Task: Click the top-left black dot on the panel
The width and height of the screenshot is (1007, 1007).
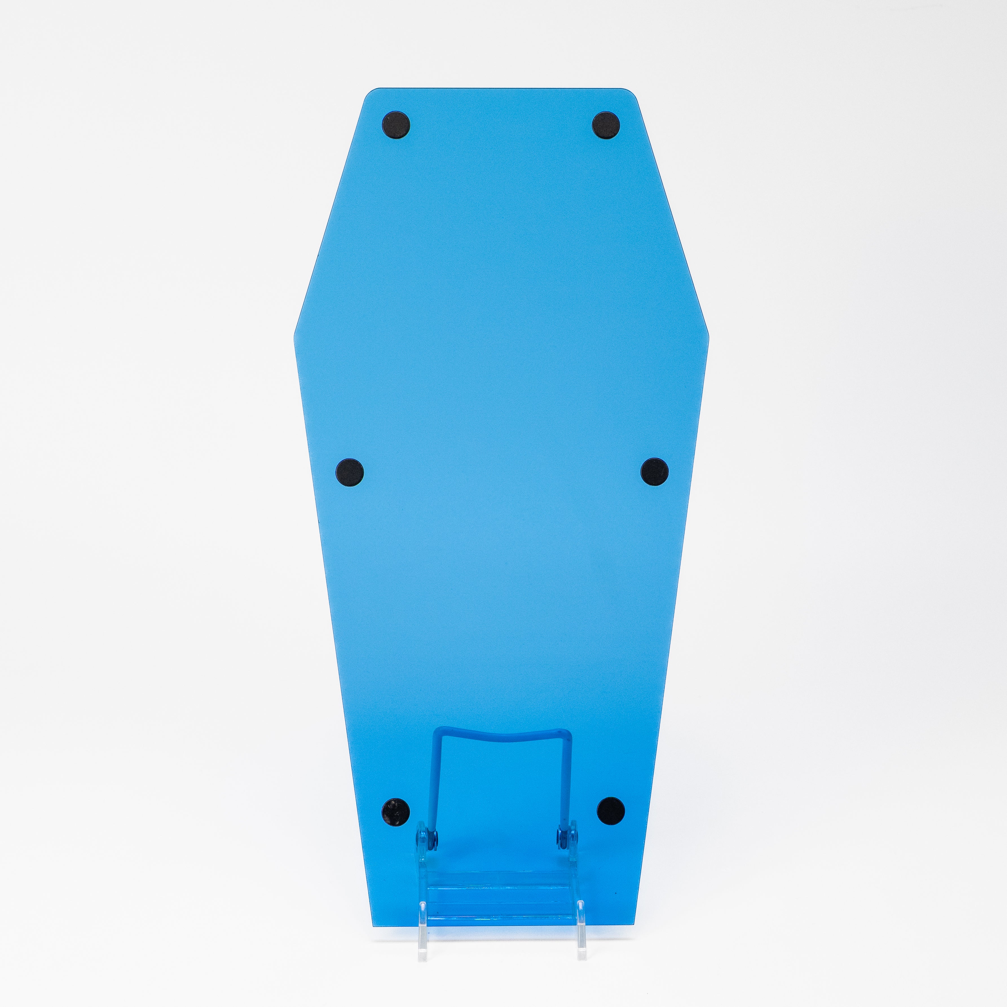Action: pos(396,125)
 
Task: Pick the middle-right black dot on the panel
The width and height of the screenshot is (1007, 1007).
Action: pos(654,472)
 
